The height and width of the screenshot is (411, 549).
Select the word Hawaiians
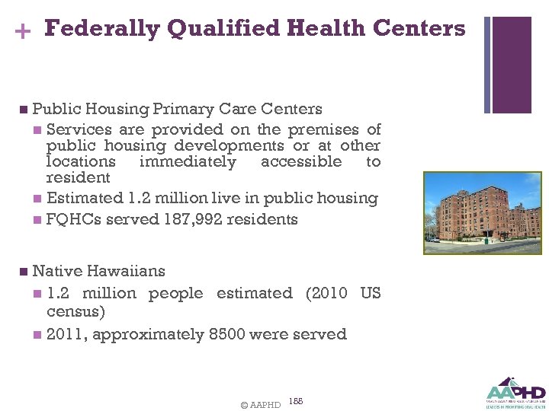(126, 271)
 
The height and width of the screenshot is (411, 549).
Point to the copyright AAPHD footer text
(260, 405)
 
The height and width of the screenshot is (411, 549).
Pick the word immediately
(188, 161)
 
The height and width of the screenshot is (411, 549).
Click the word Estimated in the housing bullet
(84, 198)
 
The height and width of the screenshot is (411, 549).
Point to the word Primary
(186, 109)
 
